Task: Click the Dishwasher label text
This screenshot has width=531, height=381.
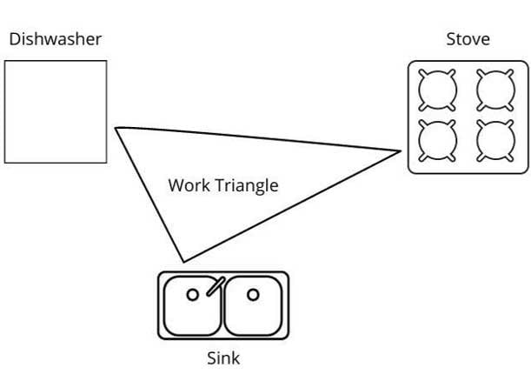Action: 55,39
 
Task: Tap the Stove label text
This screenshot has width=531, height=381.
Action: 468,39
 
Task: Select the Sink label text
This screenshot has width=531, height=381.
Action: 223,358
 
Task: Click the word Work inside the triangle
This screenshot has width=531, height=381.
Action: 188,185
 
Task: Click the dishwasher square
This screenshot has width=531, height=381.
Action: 56,111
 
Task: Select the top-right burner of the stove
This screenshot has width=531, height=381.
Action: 494,88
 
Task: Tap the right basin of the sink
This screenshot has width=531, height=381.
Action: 253,304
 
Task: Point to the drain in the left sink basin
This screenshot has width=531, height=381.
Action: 193,295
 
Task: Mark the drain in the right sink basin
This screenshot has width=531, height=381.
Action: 252,295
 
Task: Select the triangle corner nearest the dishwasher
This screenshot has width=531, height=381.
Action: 116,129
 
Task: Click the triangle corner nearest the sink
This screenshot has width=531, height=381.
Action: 183,260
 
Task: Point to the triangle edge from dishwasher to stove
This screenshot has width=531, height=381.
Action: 258,140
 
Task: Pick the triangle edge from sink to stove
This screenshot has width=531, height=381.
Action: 292,205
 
